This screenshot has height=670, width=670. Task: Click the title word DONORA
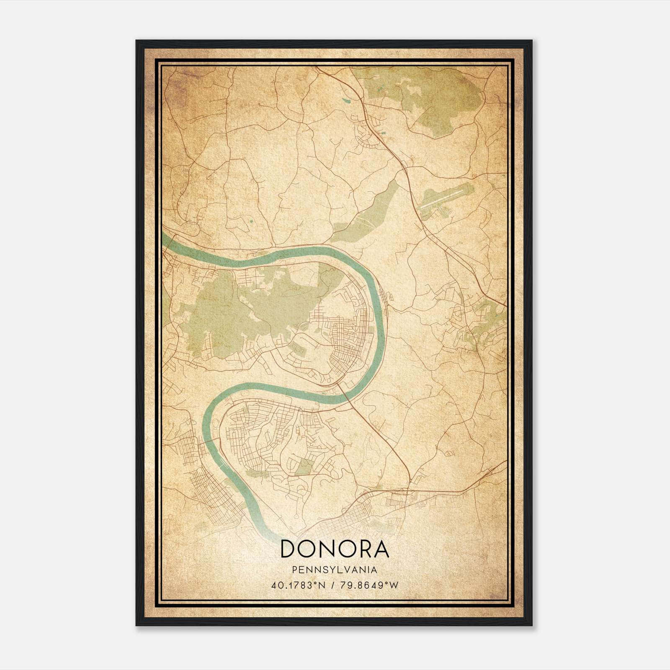(335, 549)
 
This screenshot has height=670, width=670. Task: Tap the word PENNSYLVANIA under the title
(335, 569)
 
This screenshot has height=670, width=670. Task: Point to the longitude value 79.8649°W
(369, 585)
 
